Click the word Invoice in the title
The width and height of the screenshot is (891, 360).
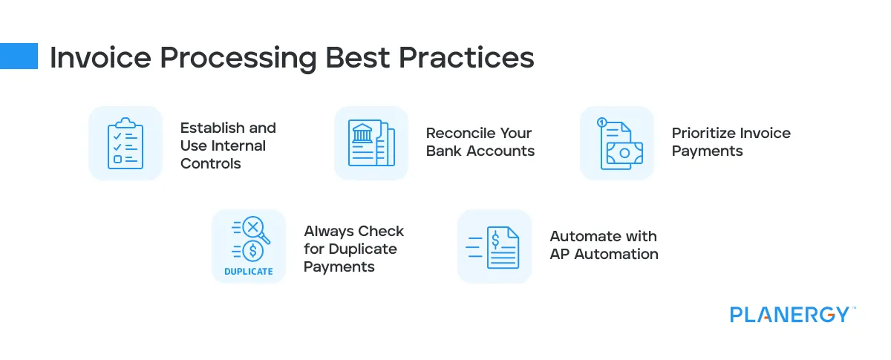(93, 58)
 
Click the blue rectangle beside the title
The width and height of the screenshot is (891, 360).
(19, 56)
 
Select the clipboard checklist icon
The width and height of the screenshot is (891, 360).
(125, 143)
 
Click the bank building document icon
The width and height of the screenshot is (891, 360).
(371, 143)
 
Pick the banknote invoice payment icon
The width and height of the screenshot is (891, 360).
(617, 143)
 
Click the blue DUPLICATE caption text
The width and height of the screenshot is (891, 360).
(248, 272)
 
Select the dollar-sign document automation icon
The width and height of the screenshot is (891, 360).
(495, 246)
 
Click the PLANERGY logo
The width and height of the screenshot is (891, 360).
(789, 315)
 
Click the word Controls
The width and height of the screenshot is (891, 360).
(211, 163)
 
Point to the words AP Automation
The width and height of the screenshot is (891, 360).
(604, 254)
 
